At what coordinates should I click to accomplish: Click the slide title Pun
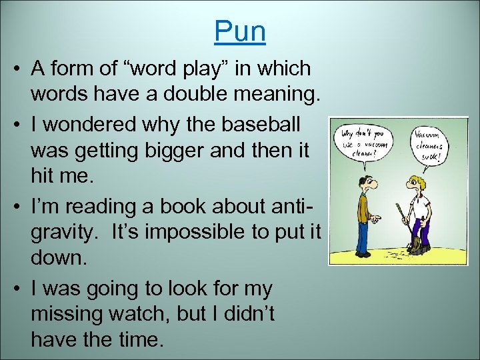coord(240,31)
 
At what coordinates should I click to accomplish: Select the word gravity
coord(63,232)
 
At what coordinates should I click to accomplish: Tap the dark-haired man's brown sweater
coord(363,207)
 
